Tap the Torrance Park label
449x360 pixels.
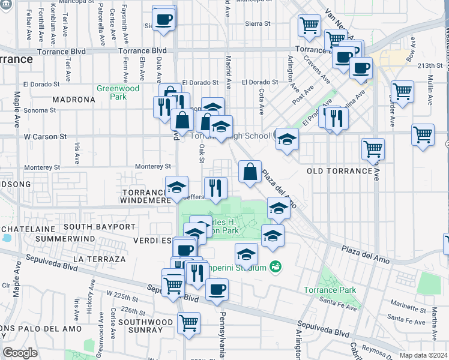pyautogui.click(x=338, y=290)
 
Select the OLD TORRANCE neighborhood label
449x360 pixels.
pyautogui.click(x=340, y=171)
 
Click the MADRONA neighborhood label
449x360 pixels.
pyautogui.click(x=74, y=100)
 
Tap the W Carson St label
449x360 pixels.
pyautogui.click(x=45, y=137)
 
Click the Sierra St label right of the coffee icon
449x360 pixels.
pyautogui.click(x=259, y=24)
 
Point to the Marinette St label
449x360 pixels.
pyautogui.click(x=405, y=307)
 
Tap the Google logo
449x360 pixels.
pyautogui.click(x=20, y=353)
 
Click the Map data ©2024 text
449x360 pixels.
pyautogui.click(x=423, y=355)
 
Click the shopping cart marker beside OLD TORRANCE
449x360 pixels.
pyautogui.click(x=373, y=148)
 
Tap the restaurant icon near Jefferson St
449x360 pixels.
pyautogui.click(x=215, y=188)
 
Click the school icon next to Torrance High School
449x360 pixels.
pyautogui.click(x=287, y=139)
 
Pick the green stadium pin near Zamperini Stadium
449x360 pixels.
pyautogui.click(x=276, y=266)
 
